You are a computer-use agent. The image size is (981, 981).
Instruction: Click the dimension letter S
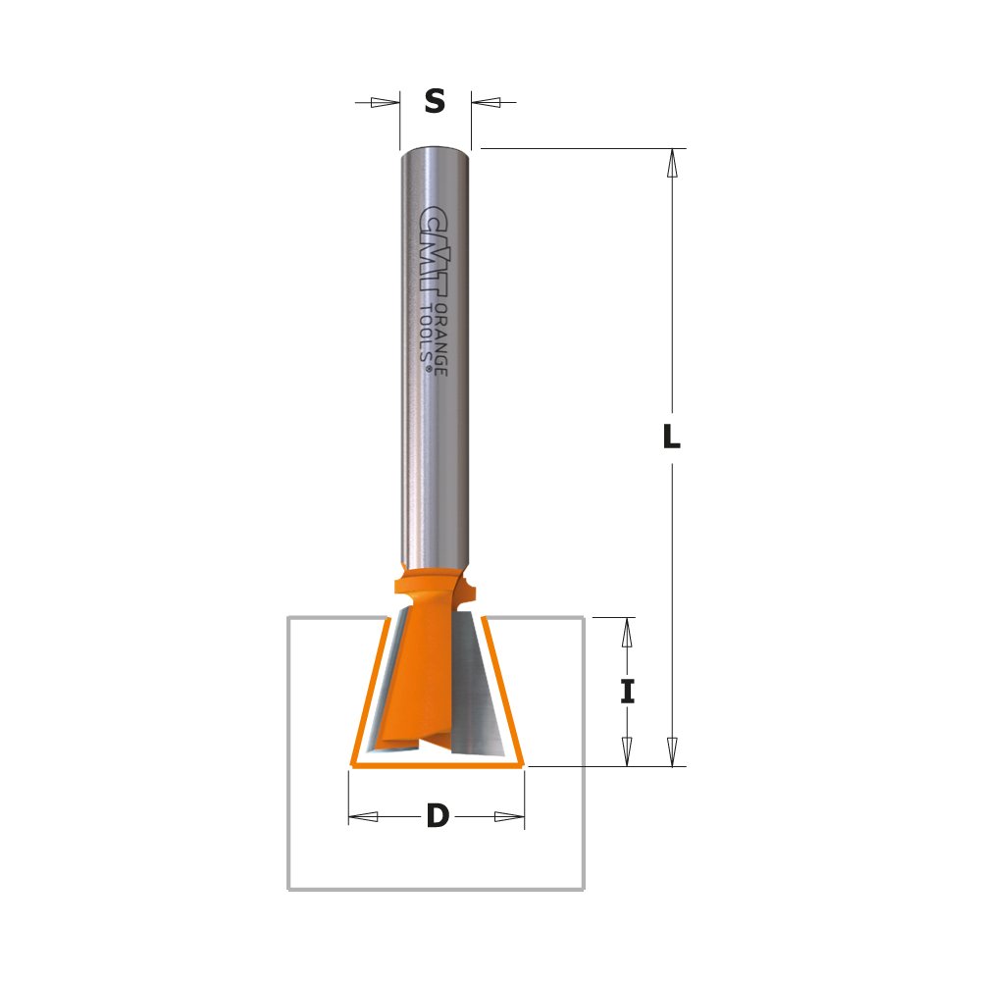[x=435, y=101]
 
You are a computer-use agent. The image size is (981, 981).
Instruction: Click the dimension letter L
[x=671, y=438]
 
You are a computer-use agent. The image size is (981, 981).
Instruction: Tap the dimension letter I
[x=628, y=692]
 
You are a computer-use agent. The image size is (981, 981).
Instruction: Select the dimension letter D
[x=437, y=816]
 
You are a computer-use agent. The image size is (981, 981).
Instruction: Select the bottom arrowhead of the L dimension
[x=672, y=751]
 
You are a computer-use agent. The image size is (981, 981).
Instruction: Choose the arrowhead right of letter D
[x=508, y=816]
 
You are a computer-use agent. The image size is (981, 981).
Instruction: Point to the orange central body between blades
[x=432, y=677]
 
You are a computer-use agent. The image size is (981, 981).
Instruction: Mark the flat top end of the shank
[x=436, y=150]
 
